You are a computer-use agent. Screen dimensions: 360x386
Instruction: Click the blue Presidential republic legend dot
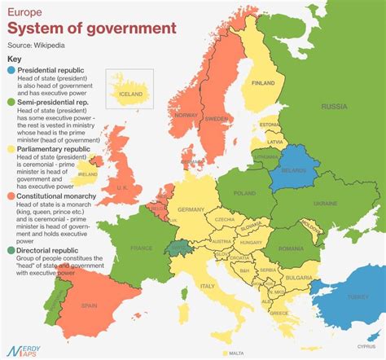point(11,72)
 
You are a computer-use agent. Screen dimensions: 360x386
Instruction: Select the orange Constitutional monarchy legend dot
point(11,196)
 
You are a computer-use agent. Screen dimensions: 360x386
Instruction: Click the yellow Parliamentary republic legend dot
point(11,150)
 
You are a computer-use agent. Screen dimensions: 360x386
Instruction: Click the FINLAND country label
point(263,83)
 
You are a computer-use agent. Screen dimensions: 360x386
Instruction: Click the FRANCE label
point(143,248)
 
